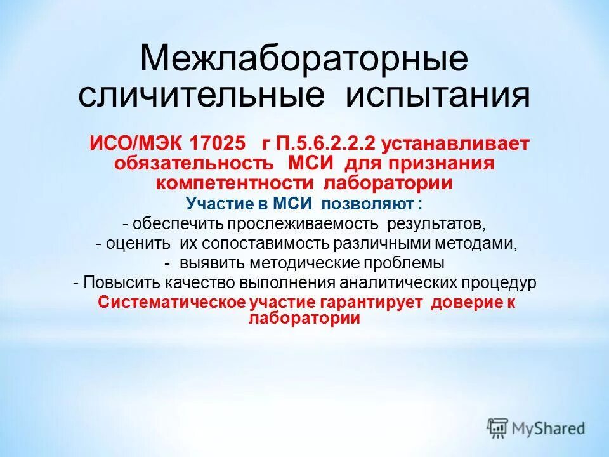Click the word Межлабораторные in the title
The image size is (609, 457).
pyautogui.click(x=304, y=58)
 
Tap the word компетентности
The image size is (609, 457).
pyautogui.click(x=235, y=183)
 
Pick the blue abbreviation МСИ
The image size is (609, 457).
pyautogui.click(x=294, y=204)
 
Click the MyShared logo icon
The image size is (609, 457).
pyautogui.click(x=498, y=427)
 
